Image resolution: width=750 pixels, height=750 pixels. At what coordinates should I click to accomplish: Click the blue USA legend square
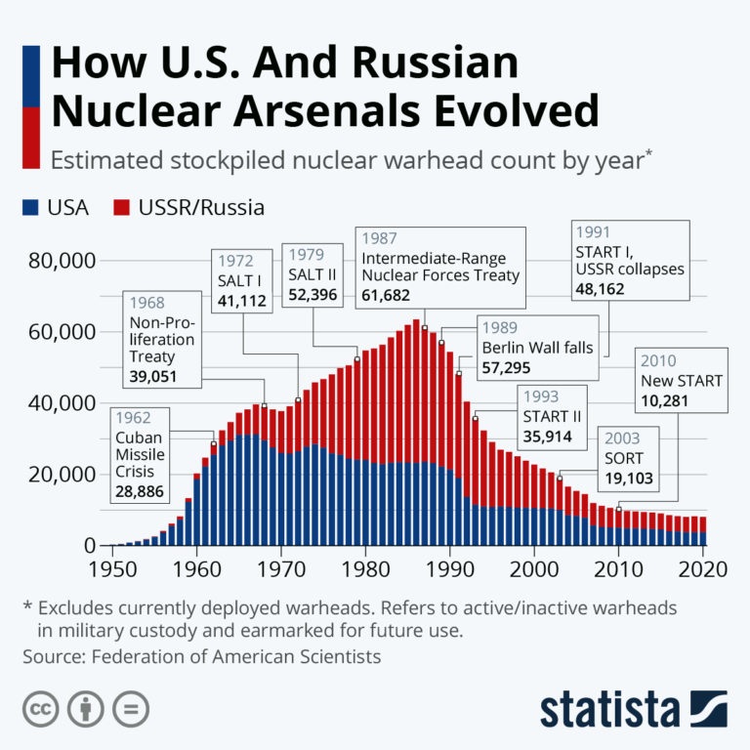point(30,207)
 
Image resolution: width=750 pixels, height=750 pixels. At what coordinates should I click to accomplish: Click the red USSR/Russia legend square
point(122,207)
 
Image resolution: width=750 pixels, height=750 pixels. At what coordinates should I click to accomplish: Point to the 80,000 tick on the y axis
point(60,261)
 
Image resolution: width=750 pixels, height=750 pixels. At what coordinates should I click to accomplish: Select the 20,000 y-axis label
point(60,474)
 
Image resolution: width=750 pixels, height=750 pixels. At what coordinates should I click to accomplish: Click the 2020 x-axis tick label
point(702,568)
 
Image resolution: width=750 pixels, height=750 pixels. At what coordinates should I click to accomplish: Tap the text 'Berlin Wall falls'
point(537,348)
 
